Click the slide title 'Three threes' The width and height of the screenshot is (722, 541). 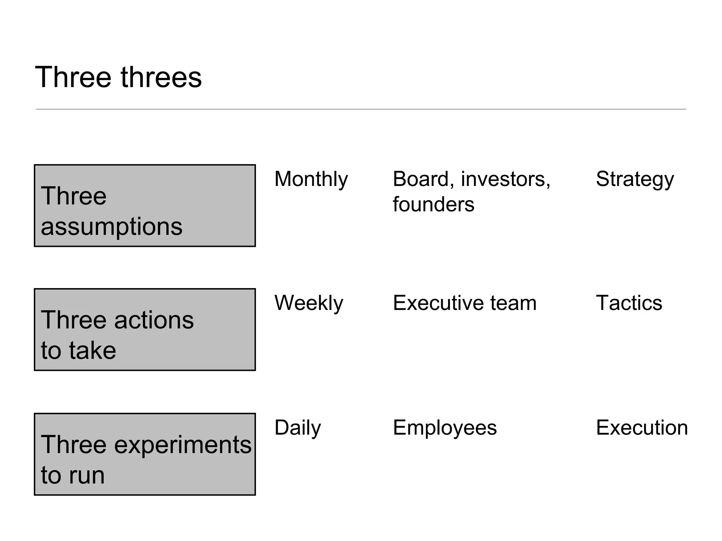pos(118,77)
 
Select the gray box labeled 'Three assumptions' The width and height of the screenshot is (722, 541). pos(145,206)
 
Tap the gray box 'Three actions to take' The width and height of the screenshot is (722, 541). pos(145,330)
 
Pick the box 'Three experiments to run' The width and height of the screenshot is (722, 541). pos(145,454)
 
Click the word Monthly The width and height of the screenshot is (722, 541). pos(311,179)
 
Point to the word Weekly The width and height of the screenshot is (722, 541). pos(308,303)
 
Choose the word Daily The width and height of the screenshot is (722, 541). pos(298,428)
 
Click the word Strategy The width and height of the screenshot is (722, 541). pos(635,179)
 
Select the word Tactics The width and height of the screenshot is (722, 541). pos(629,303)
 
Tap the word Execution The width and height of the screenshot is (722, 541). pos(642,428)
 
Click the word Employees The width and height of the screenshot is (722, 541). pos(445,428)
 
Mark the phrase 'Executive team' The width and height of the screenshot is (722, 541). pos(465,303)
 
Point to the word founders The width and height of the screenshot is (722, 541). pos(433,204)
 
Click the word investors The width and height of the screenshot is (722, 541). pos(505,179)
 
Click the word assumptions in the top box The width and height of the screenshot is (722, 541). pos(111,226)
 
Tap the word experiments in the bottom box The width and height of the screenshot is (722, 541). pos(183,444)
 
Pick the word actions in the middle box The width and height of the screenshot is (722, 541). pos(154,320)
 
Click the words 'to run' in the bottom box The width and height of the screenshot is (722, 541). pos(73,475)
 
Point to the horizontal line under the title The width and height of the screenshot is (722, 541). pos(361,109)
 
